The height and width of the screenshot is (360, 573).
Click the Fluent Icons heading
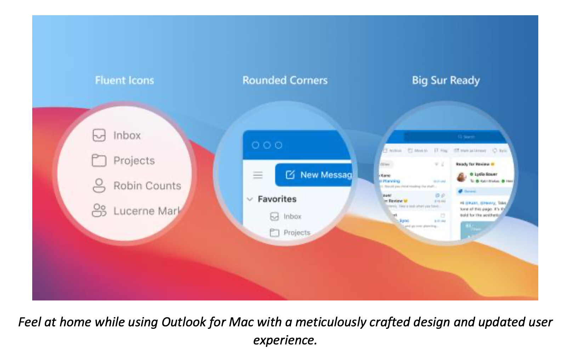tap(124, 80)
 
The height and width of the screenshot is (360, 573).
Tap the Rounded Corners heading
tap(285, 80)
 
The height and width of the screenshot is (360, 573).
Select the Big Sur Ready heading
tap(446, 80)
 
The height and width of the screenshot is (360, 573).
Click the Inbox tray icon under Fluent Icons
tap(99, 135)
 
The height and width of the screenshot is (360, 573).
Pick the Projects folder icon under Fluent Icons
tap(99, 161)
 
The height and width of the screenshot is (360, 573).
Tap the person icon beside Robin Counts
tap(99, 185)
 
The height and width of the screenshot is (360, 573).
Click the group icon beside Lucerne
tap(99, 210)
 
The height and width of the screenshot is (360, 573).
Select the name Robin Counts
tap(147, 186)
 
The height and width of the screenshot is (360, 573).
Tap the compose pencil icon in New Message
tap(290, 175)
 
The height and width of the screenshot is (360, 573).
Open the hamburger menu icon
tap(258, 175)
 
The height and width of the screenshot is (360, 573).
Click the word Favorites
tap(277, 199)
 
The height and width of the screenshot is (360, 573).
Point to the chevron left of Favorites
tap(250, 199)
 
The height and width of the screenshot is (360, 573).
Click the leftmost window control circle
tap(255, 145)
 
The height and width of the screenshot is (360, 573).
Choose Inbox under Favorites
tap(292, 216)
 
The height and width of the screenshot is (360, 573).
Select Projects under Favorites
tap(297, 232)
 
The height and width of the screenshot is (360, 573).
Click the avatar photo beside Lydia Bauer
tap(461, 177)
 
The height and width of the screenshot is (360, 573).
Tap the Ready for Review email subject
tap(472, 164)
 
